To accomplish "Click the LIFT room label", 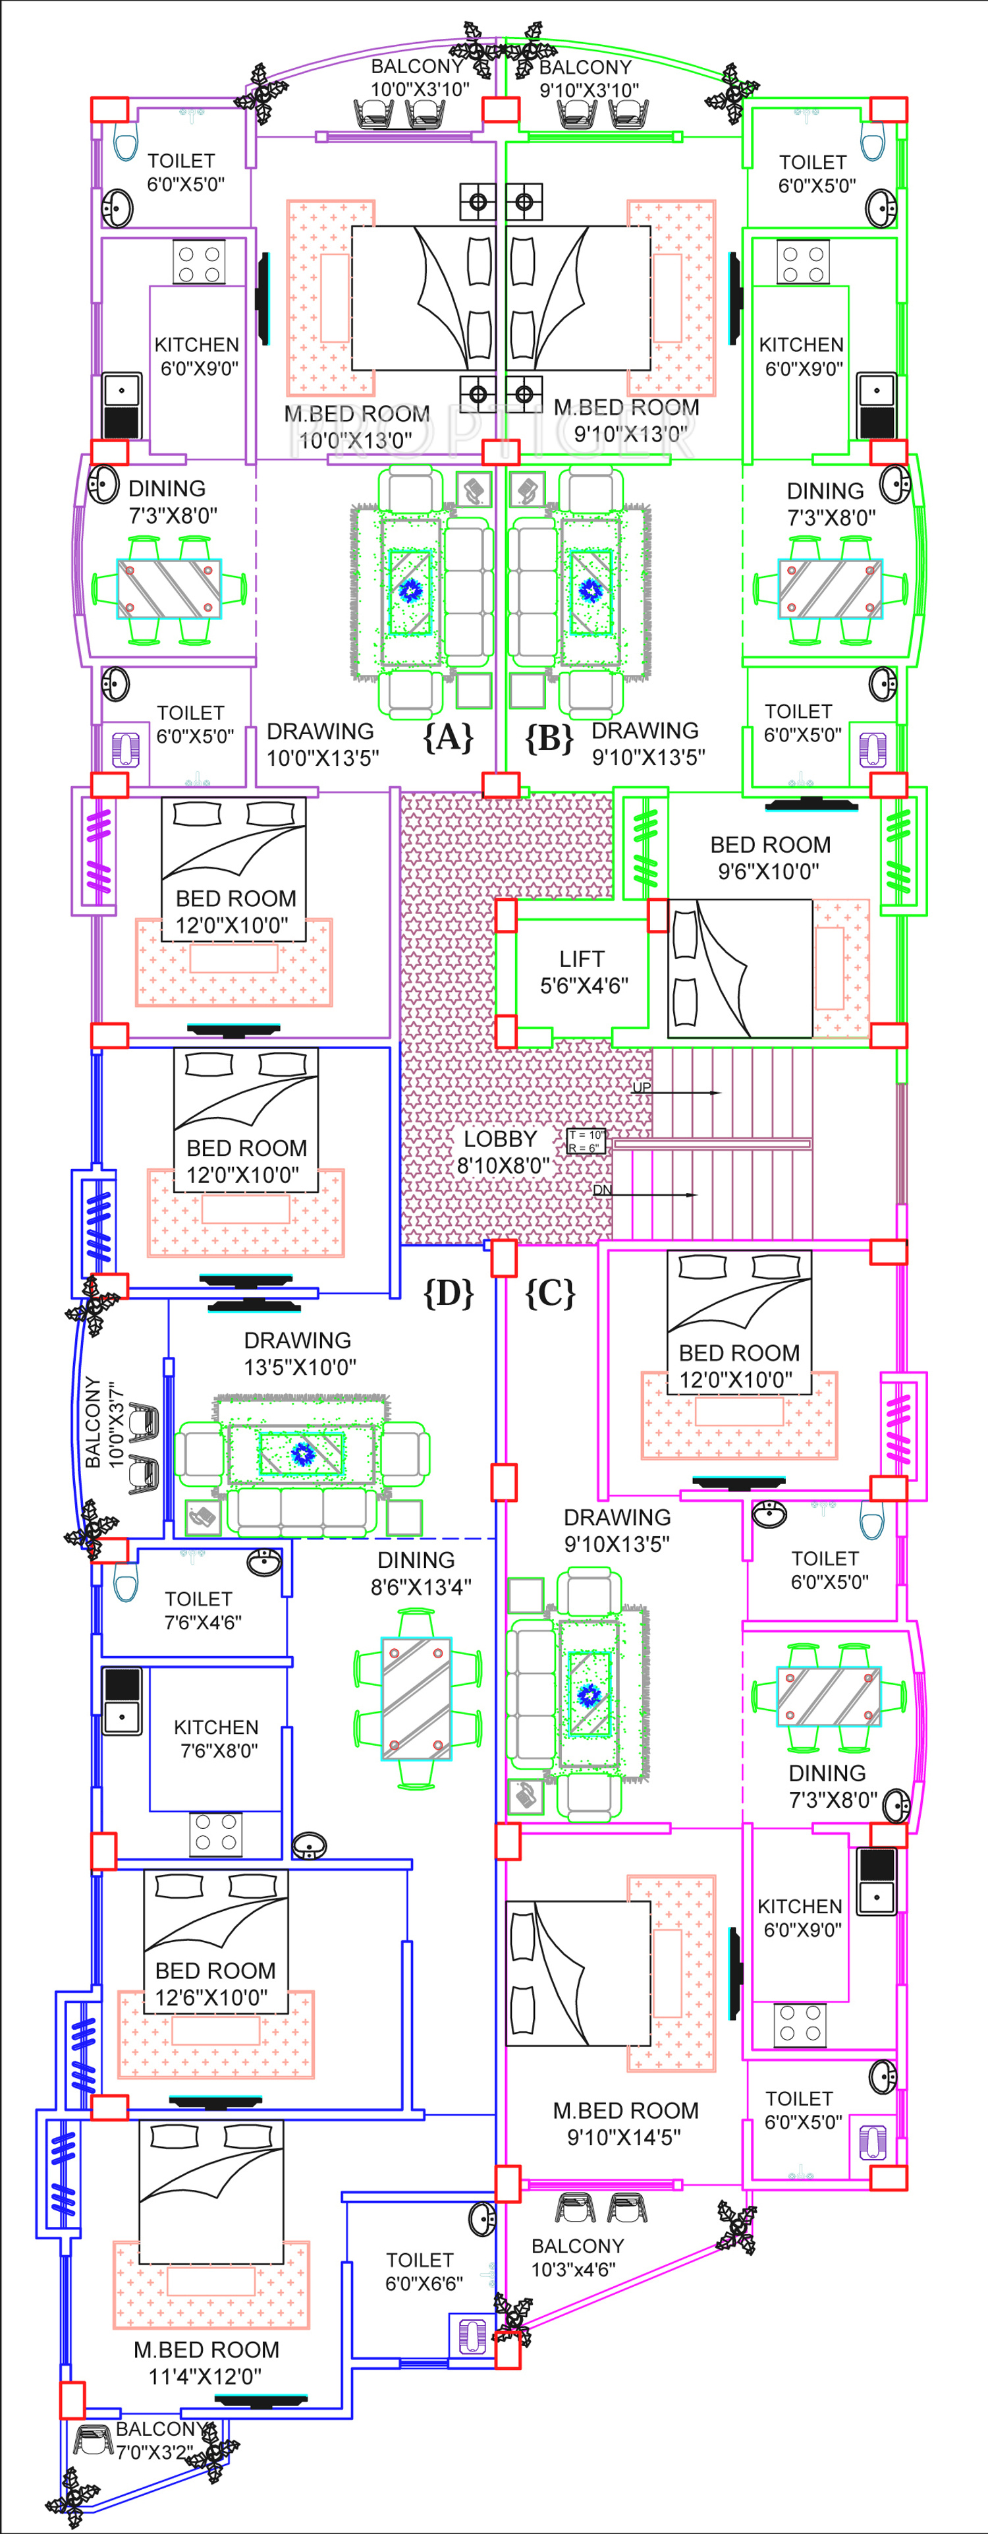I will [x=582, y=972].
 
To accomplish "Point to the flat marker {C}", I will [x=549, y=1292].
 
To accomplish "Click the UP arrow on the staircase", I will [x=678, y=1091].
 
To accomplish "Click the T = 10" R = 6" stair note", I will [x=586, y=1141].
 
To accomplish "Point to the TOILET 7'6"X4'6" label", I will [x=200, y=1610].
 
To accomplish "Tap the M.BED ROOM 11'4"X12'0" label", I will [x=206, y=2363].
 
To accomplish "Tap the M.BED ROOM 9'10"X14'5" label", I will [x=625, y=2123].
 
